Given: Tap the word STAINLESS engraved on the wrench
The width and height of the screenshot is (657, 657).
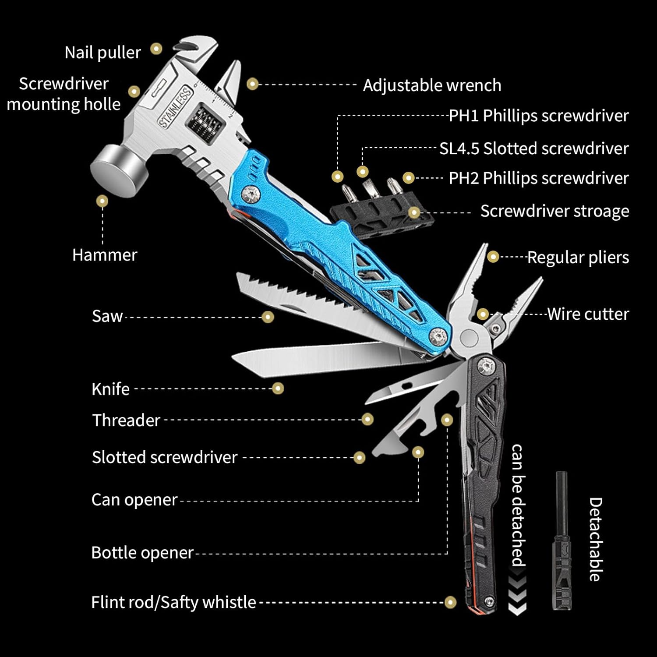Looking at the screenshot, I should (x=175, y=107).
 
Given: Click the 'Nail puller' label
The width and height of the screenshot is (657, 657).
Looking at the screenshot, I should (x=102, y=53).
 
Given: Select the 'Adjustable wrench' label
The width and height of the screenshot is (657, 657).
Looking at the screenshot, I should (x=432, y=85).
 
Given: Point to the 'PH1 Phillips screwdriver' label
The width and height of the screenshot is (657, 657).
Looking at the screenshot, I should (x=538, y=116).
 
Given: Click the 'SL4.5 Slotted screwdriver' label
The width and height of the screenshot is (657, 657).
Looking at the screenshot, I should (x=533, y=148).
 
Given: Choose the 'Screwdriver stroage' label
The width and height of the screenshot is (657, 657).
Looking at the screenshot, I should (x=554, y=211).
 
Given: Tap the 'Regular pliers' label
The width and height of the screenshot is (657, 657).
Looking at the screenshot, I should (x=578, y=258).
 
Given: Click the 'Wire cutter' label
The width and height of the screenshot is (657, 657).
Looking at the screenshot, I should (x=588, y=314).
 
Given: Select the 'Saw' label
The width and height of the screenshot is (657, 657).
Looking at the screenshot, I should (x=107, y=316).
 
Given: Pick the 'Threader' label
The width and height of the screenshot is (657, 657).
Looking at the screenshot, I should (x=126, y=420).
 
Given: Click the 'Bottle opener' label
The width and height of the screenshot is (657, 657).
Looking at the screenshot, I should (x=142, y=553).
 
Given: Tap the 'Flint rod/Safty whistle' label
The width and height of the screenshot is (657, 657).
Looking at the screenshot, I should (x=173, y=602).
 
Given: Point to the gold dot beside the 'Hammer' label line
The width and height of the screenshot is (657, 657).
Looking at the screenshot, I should (x=102, y=201).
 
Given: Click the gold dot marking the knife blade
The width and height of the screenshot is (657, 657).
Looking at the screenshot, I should (x=278, y=388).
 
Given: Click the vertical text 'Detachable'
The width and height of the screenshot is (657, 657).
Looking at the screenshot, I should (x=595, y=539).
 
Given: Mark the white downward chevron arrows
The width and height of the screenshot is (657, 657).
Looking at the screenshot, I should (x=517, y=596).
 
